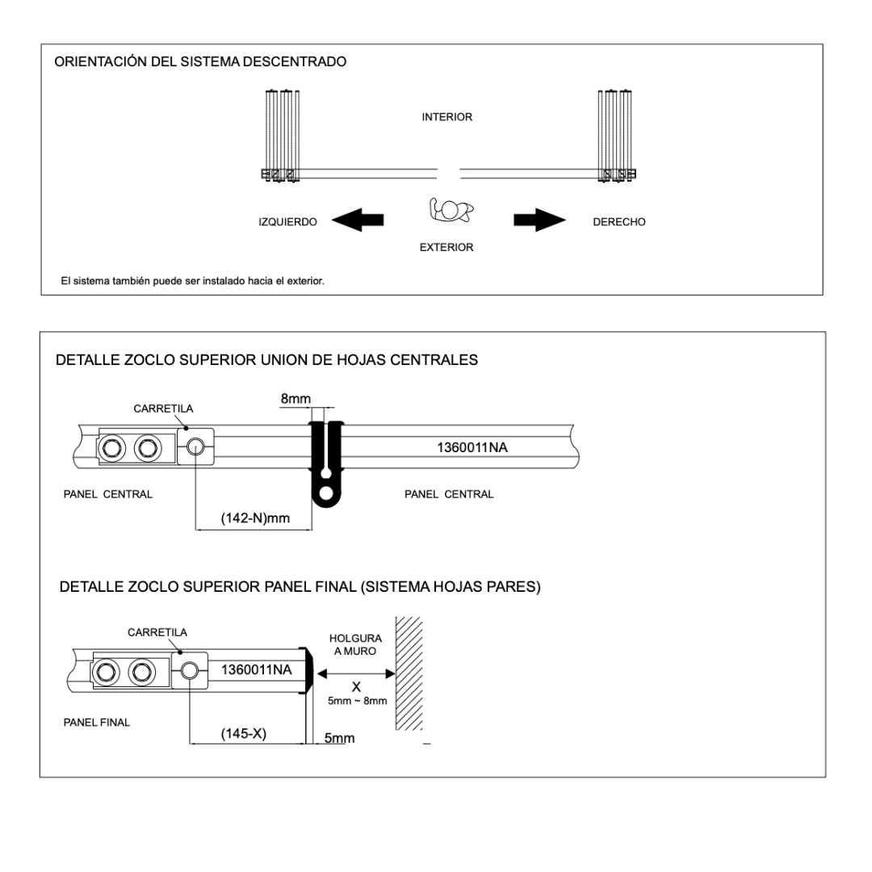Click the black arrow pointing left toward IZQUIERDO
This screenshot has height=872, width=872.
pos(357,220)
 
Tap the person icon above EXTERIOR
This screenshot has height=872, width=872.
pos(451,210)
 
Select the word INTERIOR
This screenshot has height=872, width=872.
pos(446,117)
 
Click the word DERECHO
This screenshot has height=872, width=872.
pos(619,222)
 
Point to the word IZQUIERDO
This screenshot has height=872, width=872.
pos(287,222)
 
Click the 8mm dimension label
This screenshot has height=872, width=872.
pos(296,398)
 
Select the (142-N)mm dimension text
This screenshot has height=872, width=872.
pos(254,518)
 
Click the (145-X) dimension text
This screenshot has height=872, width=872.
pos(244,734)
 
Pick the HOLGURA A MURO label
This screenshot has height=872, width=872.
pos(355,644)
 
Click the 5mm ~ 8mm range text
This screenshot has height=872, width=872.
pos(357,702)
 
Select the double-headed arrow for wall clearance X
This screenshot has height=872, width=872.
pos(355,673)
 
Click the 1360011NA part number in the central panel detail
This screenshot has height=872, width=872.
pos(472,447)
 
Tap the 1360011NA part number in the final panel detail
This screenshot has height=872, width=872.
pos(256,669)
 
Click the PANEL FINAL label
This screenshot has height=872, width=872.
pos(97,723)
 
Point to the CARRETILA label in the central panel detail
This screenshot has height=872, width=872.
pos(163,409)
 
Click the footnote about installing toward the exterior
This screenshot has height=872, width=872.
pos(193,282)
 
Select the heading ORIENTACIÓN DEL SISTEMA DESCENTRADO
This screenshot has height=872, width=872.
pos(200,62)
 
